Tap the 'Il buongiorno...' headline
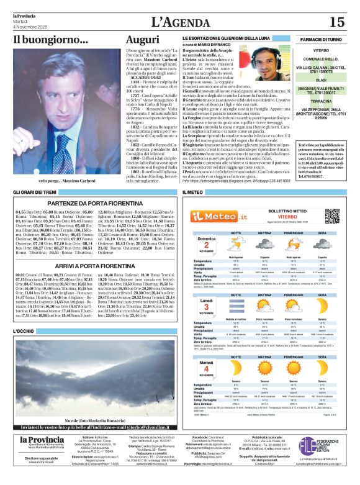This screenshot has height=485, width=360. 51,40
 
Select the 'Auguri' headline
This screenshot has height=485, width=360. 143,40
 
